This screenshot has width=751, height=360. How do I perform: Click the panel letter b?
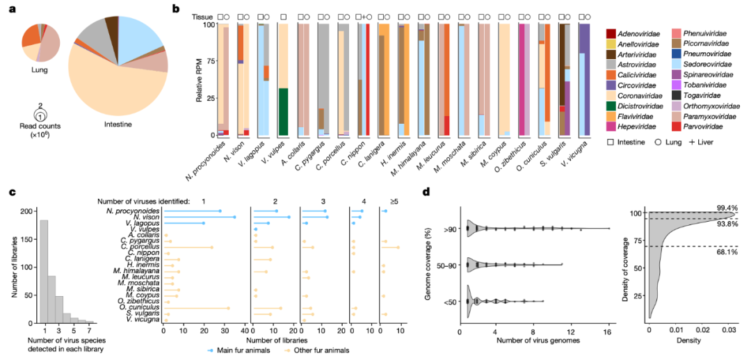tap(177, 9)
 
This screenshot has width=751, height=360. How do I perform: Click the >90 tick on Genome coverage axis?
tap(449, 228)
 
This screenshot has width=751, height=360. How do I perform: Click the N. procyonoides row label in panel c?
tap(131, 211)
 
